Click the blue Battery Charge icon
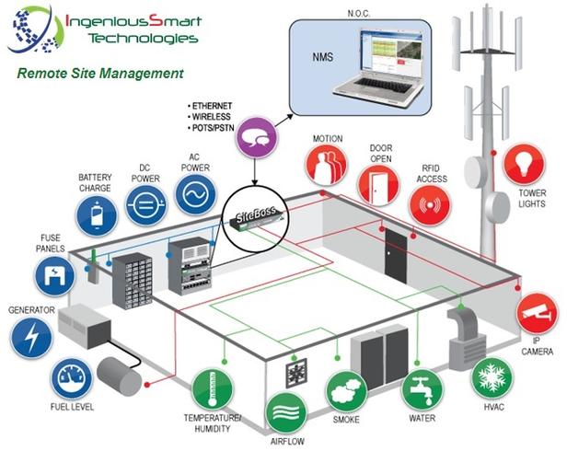pos(97,216)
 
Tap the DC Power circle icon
pos(146,205)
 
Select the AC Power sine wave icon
pos(196,194)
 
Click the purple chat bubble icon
pos(257,137)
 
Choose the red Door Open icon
pos(378,185)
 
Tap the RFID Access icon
pos(430,205)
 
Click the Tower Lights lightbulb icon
pos(525,164)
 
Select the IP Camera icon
pos(538,314)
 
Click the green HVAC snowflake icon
pos(492,378)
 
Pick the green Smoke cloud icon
pos(347,391)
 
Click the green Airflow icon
pos(286,413)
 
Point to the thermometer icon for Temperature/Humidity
pos(213,390)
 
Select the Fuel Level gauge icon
pos(71,378)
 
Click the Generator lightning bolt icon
pos(31,338)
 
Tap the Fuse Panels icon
pos(55,275)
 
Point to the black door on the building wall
pos(396,255)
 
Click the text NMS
pos(322,57)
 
